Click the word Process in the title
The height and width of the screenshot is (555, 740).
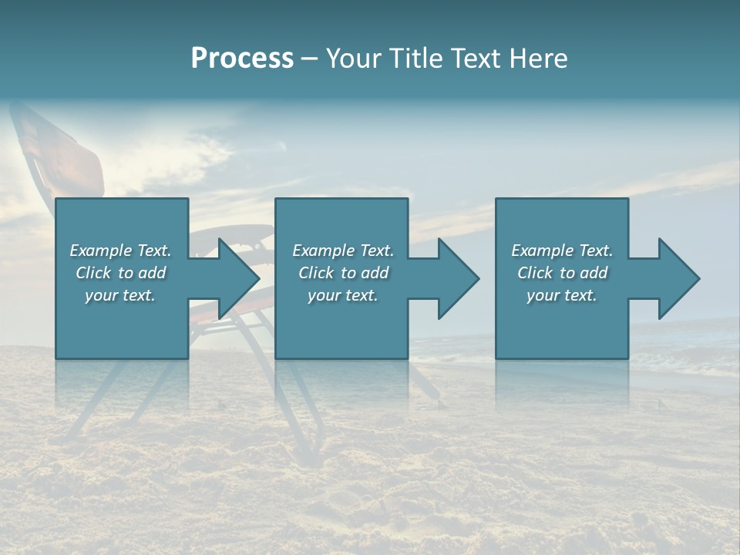242,59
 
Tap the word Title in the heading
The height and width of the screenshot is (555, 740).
415,59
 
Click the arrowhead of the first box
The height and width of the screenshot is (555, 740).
234,278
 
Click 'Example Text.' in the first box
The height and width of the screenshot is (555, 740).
120,251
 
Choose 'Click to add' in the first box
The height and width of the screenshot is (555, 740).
120,273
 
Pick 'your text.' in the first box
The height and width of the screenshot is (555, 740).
120,295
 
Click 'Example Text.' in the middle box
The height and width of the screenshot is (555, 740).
343,251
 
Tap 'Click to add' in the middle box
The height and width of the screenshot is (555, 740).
343,273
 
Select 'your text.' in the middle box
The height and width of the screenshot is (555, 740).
343,295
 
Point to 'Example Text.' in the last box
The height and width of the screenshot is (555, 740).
562,251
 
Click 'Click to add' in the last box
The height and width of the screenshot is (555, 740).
562,273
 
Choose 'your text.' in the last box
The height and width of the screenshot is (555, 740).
562,295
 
